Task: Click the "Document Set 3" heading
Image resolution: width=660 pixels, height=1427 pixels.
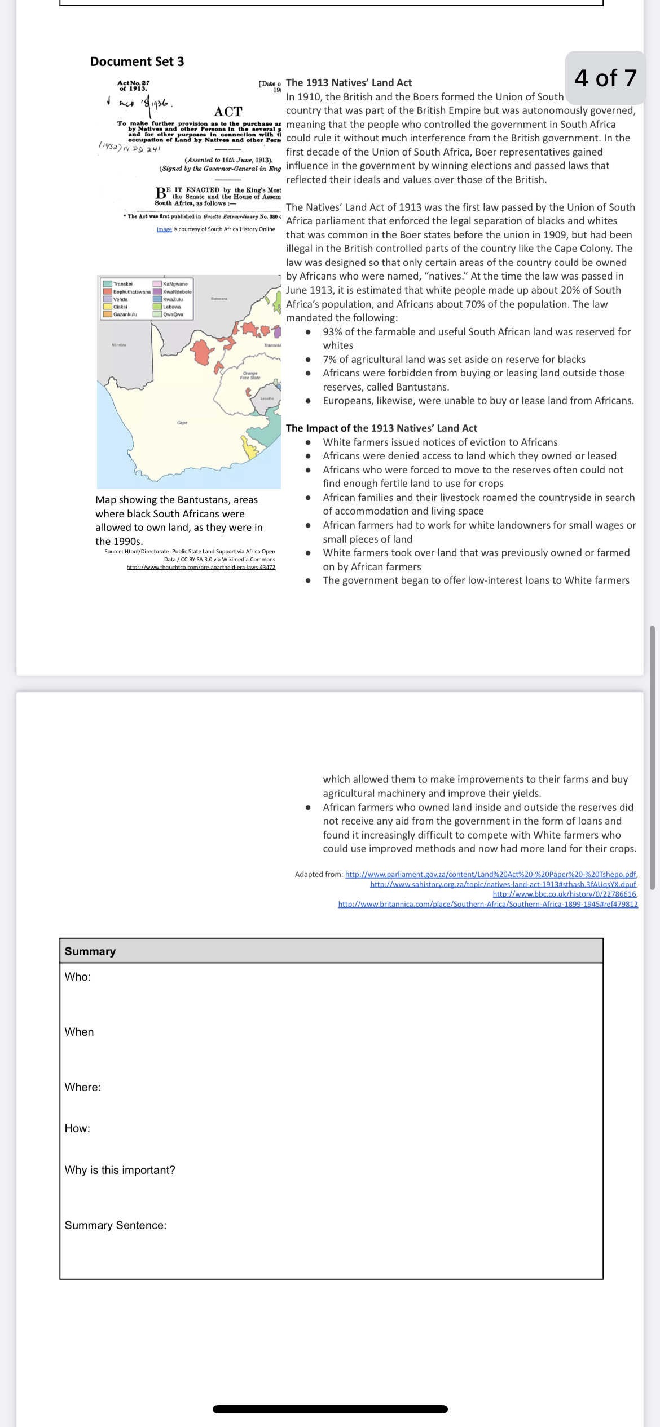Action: (x=137, y=61)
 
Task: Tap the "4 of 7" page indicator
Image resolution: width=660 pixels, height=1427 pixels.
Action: (x=605, y=78)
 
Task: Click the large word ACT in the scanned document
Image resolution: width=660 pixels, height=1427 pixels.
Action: (x=228, y=111)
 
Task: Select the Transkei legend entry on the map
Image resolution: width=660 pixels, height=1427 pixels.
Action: (x=122, y=284)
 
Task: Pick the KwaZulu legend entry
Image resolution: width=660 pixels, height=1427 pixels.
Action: (x=172, y=299)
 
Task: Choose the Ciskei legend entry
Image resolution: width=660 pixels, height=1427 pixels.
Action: (x=120, y=307)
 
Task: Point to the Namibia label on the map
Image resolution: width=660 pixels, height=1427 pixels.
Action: (x=118, y=344)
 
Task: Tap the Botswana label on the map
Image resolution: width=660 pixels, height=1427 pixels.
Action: (x=219, y=298)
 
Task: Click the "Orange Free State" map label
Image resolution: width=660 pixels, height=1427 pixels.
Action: (x=250, y=375)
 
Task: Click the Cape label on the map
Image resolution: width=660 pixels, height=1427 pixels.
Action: (x=182, y=422)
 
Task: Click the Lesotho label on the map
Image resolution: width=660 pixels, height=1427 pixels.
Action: (x=267, y=398)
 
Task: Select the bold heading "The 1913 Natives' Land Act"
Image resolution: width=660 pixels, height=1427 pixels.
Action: (x=349, y=83)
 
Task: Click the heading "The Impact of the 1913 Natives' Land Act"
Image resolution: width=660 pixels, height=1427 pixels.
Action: (x=381, y=428)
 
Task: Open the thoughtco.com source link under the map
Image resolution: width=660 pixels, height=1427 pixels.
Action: (x=201, y=567)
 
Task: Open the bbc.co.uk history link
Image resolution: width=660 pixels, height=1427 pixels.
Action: (x=565, y=894)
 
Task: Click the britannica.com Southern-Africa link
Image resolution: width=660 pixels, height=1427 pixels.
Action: (x=488, y=904)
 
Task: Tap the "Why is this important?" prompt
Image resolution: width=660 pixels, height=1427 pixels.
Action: (x=120, y=1170)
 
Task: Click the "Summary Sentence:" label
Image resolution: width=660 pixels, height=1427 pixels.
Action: (x=115, y=1225)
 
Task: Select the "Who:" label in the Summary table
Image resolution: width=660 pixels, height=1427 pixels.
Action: (x=77, y=977)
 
